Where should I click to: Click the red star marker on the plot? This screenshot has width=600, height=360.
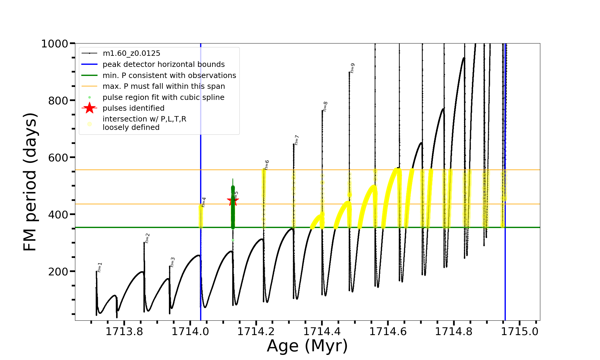(x=233, y=201)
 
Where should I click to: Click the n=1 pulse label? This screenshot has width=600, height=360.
(x=100, y=267)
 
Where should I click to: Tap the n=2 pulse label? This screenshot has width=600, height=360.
(x=147, y=238)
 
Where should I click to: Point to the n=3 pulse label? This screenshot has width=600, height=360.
(x=172, y=262)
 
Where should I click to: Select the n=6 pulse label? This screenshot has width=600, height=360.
(x=267, y=165)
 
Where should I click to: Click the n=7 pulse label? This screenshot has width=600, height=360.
(x=296, y=140)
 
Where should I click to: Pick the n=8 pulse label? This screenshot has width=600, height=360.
(x=325, y=106)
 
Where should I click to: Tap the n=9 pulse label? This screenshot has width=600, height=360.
(x=352, y=68)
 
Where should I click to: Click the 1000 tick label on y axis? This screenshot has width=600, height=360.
(x=55, y=44)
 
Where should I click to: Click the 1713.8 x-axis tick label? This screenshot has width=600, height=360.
(x=124, y=332)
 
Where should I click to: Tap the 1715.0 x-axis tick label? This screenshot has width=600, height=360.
(x=520, y=332)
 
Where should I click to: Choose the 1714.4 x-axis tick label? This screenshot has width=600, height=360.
(x=322, y=332)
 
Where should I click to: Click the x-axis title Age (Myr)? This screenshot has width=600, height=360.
(x=307, y=346)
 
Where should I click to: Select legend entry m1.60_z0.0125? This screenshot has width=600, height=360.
(x=131, y=53)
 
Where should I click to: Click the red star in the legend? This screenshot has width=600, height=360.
(x=89, y=108)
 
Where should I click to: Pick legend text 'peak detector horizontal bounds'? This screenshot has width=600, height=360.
(x=163, y=64)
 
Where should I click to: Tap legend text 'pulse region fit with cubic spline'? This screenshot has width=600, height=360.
(x=163, y=97)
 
